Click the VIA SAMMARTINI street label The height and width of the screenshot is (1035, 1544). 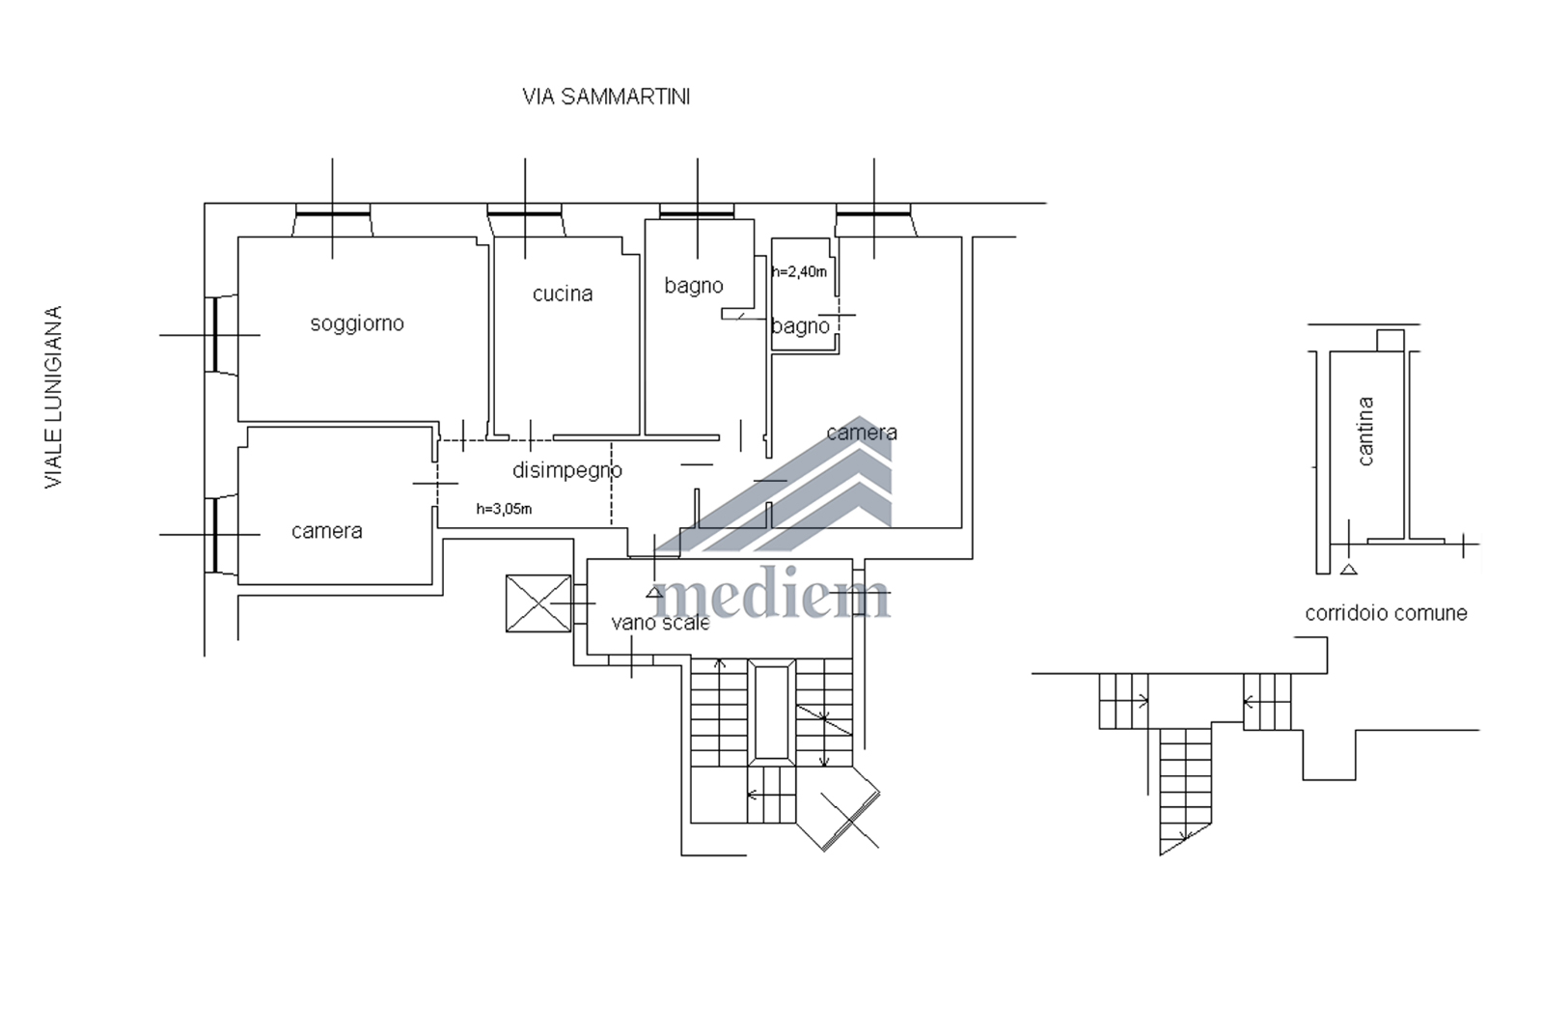(x=606, y=98)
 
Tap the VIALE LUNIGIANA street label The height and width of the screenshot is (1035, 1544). (x=54, y=397)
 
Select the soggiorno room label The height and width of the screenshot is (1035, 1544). (x=357, y=323)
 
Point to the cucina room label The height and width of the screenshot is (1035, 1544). (x=563, y=294)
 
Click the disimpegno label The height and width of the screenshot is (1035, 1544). (x=567, y=470)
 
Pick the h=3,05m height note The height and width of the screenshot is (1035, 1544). (x=504, y=510)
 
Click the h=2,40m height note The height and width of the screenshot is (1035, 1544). (x=799, y=271)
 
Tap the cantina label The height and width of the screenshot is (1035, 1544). (x=1365, y=431)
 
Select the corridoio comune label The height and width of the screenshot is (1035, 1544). (x=1386, y=613)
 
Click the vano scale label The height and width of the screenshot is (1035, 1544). (x=660, y=623)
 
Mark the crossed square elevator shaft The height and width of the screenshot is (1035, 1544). (x=538, y=603)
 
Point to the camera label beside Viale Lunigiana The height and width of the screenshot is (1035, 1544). (x=327, y=531)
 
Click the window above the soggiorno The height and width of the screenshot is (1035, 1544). (x=333, y=219)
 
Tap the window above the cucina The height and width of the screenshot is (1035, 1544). (x=525, y=219)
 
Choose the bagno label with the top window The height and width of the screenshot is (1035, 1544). (x=694, y=286)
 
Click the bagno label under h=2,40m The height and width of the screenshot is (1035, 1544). (x=800, y=326)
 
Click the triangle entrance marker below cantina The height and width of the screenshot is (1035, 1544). (x=1349, y=570)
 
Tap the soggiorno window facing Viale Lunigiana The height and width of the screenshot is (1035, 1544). (x=221, y=335)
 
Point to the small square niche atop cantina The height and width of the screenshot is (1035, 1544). (x=1391, y=341)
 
